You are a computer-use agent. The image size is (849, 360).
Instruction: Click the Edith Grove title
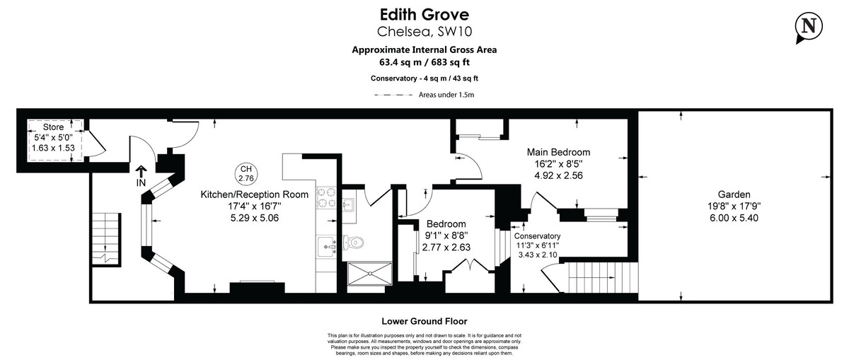[x=424, y=14]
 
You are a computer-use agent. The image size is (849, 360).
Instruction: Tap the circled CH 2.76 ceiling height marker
[x=246, y=174]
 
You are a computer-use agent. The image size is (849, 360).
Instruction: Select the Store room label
[x=52, y=127]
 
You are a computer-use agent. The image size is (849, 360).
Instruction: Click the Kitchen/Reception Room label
[x=254, y=194]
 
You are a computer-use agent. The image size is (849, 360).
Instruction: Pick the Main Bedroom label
[x=558, y=152]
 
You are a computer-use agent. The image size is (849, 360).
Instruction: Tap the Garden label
[x=733, y=194]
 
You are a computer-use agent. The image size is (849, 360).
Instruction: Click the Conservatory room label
[x=537, y=236]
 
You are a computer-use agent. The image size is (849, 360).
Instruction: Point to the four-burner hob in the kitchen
[x=327, y=197]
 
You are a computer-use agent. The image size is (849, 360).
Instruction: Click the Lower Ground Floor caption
[x=424, y=320]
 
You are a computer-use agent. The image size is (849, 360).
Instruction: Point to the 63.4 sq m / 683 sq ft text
[x=424, y=62]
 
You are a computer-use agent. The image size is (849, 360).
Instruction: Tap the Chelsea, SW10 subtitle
[x=424, y=31]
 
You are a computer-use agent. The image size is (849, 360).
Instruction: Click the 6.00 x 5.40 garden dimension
[x=733, y=218]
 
